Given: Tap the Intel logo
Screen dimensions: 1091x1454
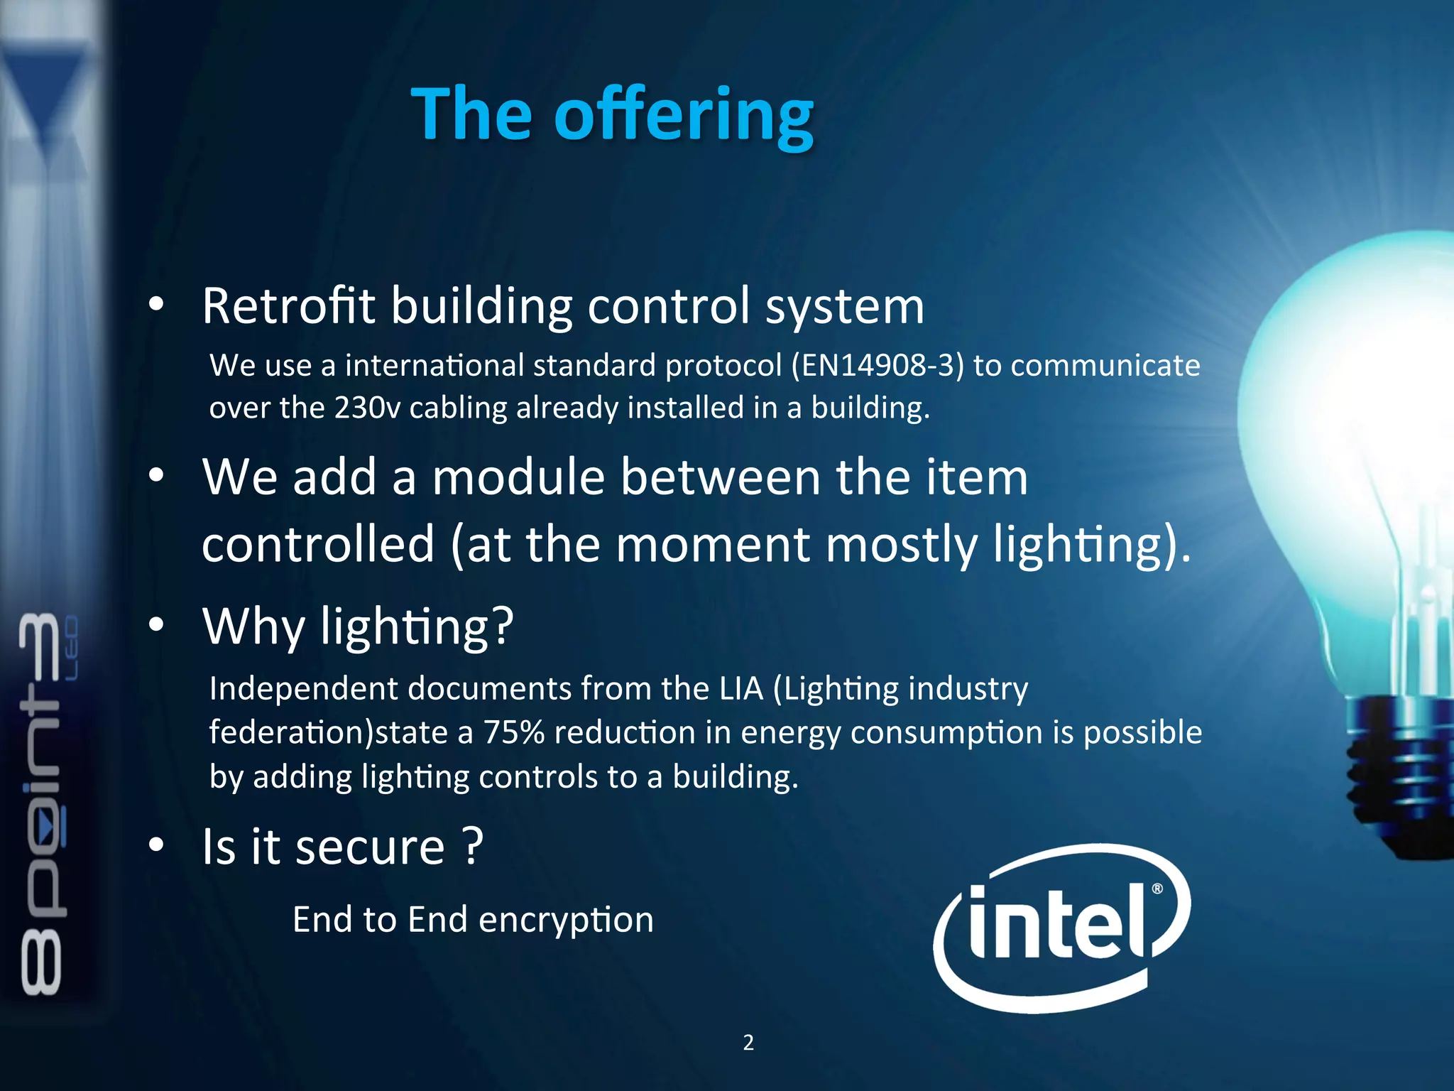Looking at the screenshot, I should (x=1061, y=926).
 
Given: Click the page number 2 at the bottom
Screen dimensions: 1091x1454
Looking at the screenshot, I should (x=748, y=1042).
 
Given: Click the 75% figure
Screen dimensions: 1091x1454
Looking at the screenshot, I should (x=513, y=732).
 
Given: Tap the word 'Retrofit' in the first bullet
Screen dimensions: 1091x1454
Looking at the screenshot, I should (x=288, y=306).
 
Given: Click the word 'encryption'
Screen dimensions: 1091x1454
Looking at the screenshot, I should (x=566, y=920).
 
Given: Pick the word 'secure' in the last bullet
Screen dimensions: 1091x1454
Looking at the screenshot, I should (x=370, y=847).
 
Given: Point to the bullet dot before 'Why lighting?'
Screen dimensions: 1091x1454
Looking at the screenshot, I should (x=156, y=625).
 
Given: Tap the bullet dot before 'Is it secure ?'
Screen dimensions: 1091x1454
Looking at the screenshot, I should (x=156, y=845).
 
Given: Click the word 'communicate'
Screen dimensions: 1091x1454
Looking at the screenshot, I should (x=1105, y=366).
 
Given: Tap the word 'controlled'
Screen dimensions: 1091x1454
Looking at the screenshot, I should (x=318, y=544).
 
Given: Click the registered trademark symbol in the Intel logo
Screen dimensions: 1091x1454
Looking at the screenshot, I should (x=1157, y=889).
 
